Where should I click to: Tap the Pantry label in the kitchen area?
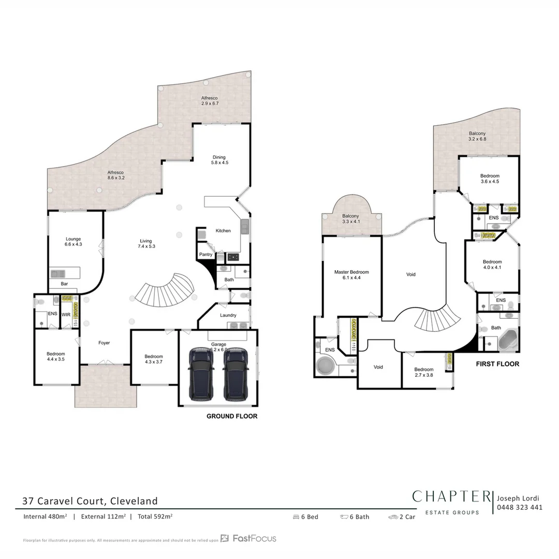[206, 255]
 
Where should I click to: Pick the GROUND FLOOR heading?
[231, 416]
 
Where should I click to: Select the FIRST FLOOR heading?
[497, 364]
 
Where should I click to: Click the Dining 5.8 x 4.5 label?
[219, 160]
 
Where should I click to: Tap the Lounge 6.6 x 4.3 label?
[73, 241]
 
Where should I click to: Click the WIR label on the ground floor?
[66, 314]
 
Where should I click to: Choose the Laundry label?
[228, 315]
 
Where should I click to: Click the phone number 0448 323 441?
[519, 507]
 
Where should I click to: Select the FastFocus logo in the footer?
[248, 538]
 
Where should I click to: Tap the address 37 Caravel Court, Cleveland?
[90, 501]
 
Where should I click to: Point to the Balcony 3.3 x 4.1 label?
[350, 219]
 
